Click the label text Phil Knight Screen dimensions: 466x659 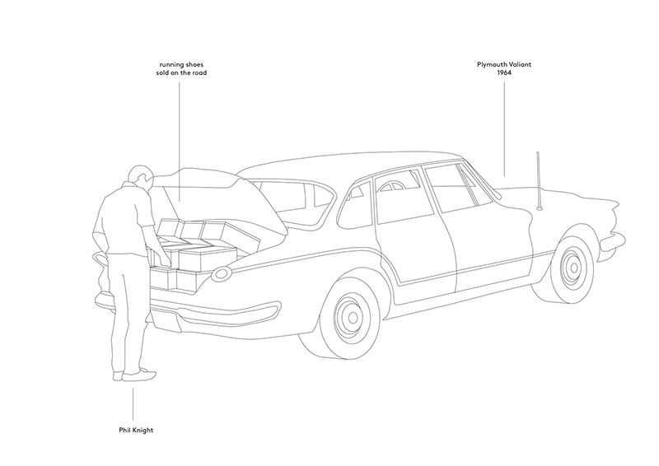tap(133, 429)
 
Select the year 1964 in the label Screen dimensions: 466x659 tap(504, 72)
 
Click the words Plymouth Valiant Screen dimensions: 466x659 tap(504, 64)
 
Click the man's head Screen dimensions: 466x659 tap(141, 175)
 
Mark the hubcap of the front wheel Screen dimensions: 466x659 tap(571, 267)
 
